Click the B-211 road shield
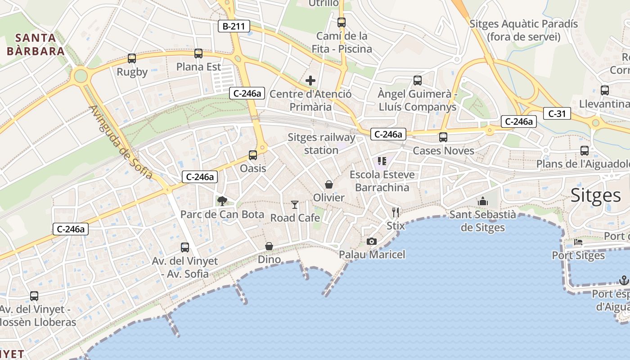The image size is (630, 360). (x=234, y=26)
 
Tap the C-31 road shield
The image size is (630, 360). (x=557, y=114)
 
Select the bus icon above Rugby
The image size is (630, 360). (x=132, y=58)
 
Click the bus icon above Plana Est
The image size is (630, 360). (x=198, y=54)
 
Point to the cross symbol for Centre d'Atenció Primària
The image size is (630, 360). (x=310, y=81)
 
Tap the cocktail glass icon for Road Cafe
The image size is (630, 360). (x=295, y=205)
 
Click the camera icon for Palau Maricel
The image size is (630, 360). (x=371, y=242)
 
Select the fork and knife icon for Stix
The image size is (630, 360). (x=396, y=212)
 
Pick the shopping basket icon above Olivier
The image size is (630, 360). (x=329, y=184)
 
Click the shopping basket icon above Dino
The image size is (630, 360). (x=269, y=246)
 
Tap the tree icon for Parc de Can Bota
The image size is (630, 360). (x=222, y=201)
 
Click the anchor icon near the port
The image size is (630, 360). (x=624, y=281)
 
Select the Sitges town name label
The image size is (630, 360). (x=595, y=196)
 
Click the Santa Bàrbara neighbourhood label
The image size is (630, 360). (x=36, y=44)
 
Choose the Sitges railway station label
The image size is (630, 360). (x=321, y=144)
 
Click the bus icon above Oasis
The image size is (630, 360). (x=253, y=155)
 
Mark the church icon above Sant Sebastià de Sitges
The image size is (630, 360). (x=483, y=201)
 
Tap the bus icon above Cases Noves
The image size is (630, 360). (x=443, y=137)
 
